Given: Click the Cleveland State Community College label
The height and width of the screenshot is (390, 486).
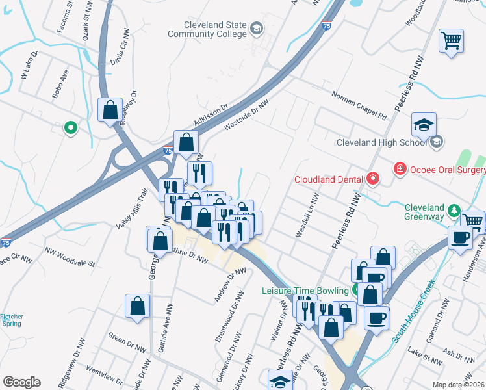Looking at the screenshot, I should click(x=207, y=30).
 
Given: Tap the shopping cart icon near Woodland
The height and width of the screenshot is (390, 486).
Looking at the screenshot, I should click(x=451, y=41).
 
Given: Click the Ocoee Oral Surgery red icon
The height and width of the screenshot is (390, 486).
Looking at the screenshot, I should click(x=400, y=169).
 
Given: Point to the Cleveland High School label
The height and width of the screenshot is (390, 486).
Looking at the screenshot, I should click(x=382, y=142).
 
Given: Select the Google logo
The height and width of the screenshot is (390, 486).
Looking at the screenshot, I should click(x=21, y=382).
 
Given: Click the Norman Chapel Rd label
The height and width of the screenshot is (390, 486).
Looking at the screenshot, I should click(x=359, y=105).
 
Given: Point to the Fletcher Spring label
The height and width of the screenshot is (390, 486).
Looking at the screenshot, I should click(x=12, y=320).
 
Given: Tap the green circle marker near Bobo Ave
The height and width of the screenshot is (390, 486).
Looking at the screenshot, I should click(x=70, y=128).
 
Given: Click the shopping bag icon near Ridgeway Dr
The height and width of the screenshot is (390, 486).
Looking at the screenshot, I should click(x=110, y=109).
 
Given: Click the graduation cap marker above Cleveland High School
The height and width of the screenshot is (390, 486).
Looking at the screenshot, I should click(x=424, y=123).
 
